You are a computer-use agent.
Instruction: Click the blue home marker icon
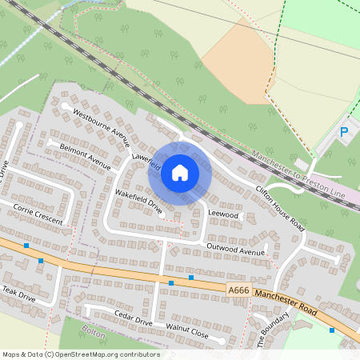point(180,172)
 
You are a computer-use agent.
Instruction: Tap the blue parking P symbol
point(345,132)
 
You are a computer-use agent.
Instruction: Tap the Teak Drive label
point(18,294)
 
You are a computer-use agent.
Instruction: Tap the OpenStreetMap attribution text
point(81,354)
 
